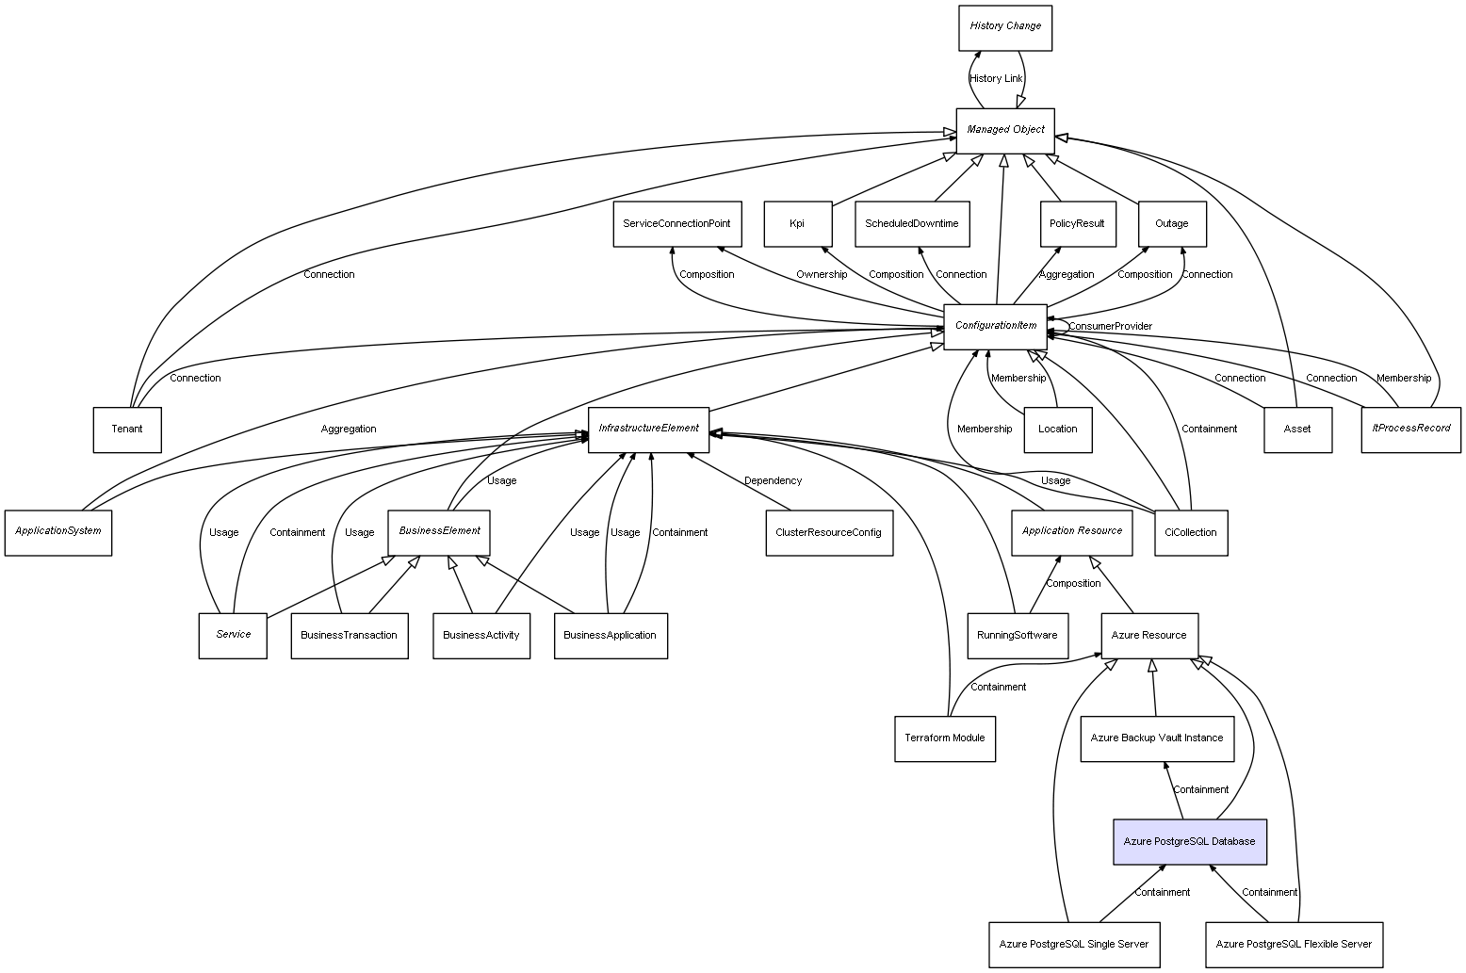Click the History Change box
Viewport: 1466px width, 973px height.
click(1004, 27)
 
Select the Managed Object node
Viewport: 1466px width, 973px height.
click(1004, 130)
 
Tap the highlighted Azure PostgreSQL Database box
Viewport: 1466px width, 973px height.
click(1189, 841)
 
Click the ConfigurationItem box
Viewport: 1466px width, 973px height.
click(995, 326)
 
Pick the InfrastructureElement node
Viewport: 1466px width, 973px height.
click(648, 430)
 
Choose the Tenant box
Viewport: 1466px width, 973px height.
click(127, 430)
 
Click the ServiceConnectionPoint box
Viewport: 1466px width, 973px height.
click(676, 224)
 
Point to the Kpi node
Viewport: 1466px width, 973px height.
click(797, 224)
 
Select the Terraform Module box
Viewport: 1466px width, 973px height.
click(944, 738)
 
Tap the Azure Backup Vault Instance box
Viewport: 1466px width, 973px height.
click(1156, 738)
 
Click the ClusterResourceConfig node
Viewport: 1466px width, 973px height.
click(828, 533)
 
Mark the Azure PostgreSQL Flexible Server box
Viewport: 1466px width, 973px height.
click(1294, 944)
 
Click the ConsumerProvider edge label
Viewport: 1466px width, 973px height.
click(1110, 327)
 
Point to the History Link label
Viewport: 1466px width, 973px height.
click(996, 79)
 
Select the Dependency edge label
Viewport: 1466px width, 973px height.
click(773, 481)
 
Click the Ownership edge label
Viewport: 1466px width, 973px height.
click(821, 275)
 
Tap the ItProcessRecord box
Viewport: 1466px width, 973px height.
click(1410, 430)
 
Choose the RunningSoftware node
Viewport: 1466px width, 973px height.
click(1017, 636)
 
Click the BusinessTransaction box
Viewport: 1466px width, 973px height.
click(349, 636)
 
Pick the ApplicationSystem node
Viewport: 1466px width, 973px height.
click(57, 532)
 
